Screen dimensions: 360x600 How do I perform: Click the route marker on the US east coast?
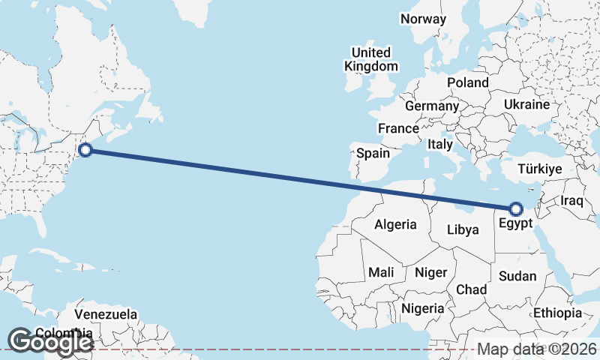coord(85,150)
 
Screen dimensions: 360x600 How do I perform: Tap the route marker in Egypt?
coord(515,208)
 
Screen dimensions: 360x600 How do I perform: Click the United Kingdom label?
coord(371,59)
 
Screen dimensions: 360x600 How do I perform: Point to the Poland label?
coord(468,82)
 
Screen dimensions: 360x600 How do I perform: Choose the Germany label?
coord(431,106)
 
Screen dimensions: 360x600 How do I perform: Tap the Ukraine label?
coord(526,104)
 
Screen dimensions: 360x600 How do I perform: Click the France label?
coord(398,129)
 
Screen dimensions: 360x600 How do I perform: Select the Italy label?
coord(439,143)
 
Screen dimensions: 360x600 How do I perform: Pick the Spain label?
coord(373,153)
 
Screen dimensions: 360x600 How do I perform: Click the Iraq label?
coord(571,201)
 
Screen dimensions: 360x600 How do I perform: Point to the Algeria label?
coord(395,224)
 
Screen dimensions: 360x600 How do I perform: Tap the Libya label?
coord(462,229)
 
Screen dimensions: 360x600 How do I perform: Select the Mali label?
coord(381,272)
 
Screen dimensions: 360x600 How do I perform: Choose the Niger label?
coord(430,272)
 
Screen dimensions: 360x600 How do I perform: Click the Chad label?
coord(471,289)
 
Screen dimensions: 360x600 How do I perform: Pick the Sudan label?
coord(517,276)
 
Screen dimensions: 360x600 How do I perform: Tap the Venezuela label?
coord(106,313)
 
